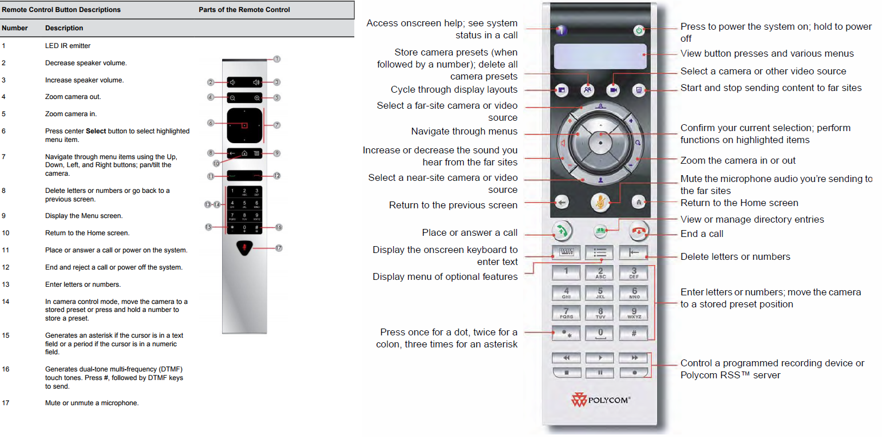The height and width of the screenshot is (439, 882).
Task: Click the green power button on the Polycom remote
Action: point(639,30)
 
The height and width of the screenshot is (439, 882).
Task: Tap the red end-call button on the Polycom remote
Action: point(638,231)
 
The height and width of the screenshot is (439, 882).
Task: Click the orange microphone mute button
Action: point(600,203)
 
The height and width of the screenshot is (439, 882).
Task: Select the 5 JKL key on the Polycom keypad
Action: point(600,293)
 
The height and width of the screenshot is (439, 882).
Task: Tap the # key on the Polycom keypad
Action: point(634,334)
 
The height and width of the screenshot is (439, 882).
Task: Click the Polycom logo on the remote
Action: point(600,400)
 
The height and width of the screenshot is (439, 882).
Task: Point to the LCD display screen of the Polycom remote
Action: point(600,56)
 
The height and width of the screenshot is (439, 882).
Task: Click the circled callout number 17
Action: point(278,248)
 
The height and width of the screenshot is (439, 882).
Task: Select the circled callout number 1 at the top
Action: point(277,59)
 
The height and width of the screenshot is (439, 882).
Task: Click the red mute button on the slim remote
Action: point(244,248)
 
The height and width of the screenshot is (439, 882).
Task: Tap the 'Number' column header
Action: point(14,28)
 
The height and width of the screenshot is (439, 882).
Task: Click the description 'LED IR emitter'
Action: point(68,46)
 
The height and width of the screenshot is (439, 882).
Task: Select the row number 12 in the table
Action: point(6,267)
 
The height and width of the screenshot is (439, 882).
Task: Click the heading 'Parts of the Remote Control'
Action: point(244,10)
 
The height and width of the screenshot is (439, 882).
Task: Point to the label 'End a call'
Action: point(702,234)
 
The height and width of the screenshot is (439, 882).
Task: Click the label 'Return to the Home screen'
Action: point(739,203)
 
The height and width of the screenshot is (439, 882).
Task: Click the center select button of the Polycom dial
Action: point(600,143)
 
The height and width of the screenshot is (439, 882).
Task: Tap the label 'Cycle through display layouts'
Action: point(454,90)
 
